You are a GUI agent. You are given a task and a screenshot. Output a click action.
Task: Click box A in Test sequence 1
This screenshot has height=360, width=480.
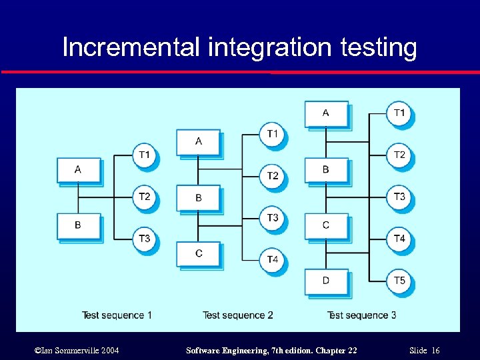pyautogui.click(x=78, y=170)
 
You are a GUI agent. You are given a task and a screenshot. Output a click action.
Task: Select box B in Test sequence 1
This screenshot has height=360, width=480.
pyautogui.click(x=78, y=225)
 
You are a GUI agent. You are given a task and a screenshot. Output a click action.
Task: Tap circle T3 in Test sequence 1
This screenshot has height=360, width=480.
pyautogui.click(x=145, y=238)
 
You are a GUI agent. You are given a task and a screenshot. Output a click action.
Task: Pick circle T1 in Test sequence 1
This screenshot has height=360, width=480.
pyautogui.click(x=145, y=155)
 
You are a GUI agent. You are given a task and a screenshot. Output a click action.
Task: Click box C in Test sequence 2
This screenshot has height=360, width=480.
pyautogui.click(x=199, y=253)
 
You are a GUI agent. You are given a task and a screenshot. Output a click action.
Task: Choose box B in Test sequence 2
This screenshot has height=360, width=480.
pyautogui.click(x=199, y=198)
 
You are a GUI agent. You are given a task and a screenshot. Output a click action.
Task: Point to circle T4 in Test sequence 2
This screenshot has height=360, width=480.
pyautogui.click(x=273, y=259)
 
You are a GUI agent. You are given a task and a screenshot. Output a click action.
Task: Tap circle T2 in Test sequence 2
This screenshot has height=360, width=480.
pyautogui.click(x=273, y=176)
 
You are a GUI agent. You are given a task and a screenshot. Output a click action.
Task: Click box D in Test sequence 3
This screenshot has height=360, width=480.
pyautogui.click(x=325, y=281)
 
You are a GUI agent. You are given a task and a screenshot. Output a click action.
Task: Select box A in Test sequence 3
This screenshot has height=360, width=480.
pyautogui.click(x=325, y=113)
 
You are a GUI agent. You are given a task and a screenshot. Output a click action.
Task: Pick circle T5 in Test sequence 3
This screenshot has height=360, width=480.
pyautogui.click(x=399, y=281)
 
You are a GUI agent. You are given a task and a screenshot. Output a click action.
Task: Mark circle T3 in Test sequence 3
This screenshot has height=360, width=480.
pyautogui.click(x=399, y=197)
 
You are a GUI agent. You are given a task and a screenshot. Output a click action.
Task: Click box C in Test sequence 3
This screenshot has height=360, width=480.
pyautogui.click(x=325, y=225)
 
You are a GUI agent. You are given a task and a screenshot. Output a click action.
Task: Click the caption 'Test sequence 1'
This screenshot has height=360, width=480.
pyautogui.click(x=117, y=315)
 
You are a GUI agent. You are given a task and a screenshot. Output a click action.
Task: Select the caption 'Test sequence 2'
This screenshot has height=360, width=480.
pyautogui.click(x=238, y=315)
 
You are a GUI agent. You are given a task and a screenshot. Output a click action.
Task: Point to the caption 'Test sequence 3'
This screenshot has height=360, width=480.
pyautogui.click(x=361, y=315)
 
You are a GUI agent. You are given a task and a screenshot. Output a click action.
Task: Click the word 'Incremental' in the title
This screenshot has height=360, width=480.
pyautogui.click(x=131, y=48)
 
